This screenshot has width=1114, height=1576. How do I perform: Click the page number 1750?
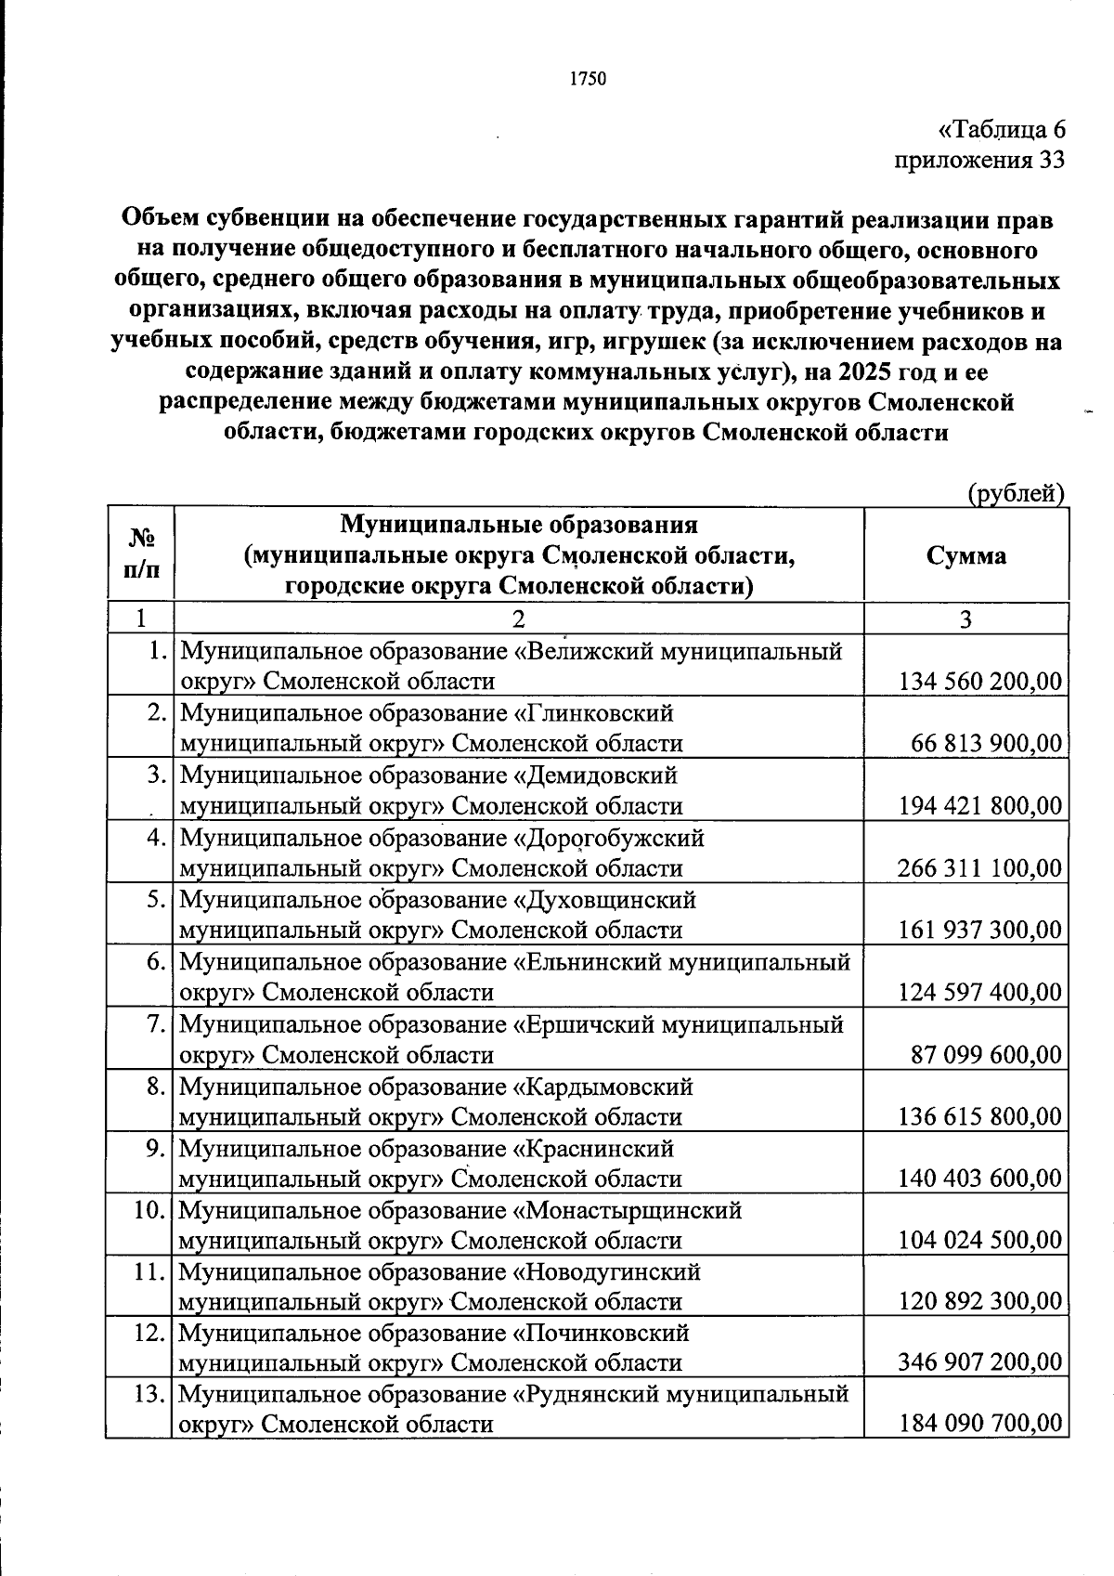click(x=587, y=79)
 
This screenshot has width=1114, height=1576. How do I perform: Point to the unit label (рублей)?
click(x=1016, y=494)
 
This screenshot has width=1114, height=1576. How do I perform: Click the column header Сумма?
click(x=965, y=555)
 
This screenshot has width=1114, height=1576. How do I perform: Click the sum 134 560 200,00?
click(x=980, y=682)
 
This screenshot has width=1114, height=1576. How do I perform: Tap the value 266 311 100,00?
click(x=979, y=868)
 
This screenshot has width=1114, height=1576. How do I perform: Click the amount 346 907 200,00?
click(x=979, y=1362)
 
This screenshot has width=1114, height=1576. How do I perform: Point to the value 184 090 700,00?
click(x=980, y=1424)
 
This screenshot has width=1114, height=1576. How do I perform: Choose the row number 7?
click(x=157, y=1024)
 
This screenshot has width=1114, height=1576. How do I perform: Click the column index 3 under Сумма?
click(x=965, y=619)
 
